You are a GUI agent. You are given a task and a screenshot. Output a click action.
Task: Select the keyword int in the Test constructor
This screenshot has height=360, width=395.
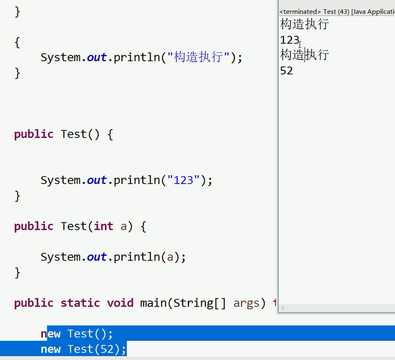103,226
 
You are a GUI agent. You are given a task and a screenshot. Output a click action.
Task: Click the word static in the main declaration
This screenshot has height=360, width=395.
80,303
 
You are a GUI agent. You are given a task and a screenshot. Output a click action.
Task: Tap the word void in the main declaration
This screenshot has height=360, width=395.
120,303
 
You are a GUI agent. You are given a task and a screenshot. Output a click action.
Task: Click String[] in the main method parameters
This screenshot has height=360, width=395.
200,303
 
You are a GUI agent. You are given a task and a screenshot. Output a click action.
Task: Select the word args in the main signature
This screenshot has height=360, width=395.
246,303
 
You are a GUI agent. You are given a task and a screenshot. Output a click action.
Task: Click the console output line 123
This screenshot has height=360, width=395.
289,40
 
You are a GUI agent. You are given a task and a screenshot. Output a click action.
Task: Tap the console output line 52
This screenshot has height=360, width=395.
286,70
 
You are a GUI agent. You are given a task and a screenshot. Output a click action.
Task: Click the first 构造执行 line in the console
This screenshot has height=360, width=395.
304,24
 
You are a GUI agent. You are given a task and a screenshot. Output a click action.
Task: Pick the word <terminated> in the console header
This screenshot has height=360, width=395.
299,11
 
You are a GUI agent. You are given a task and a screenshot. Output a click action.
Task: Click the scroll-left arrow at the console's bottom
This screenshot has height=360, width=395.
283,308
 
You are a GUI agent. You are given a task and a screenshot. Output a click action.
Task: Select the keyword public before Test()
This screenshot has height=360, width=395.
34,134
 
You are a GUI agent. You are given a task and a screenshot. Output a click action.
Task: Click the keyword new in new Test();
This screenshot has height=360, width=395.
51,334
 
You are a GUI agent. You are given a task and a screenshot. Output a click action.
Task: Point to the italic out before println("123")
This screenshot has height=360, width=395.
97,180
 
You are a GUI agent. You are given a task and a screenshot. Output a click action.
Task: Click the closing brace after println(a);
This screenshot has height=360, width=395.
17,272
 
